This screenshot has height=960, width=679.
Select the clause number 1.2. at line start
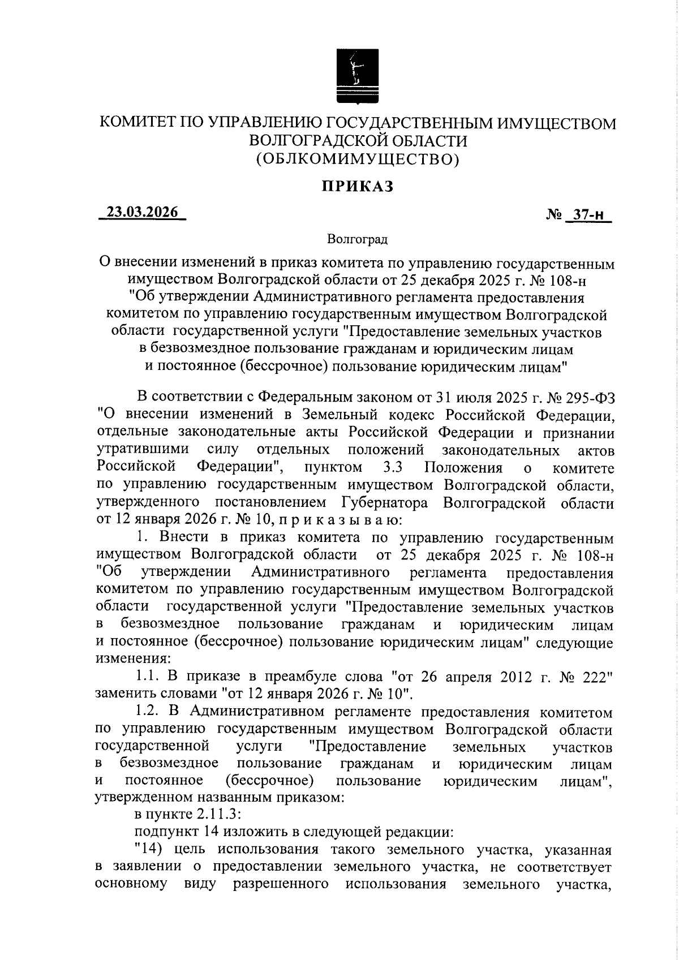[x=149, y=712]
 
